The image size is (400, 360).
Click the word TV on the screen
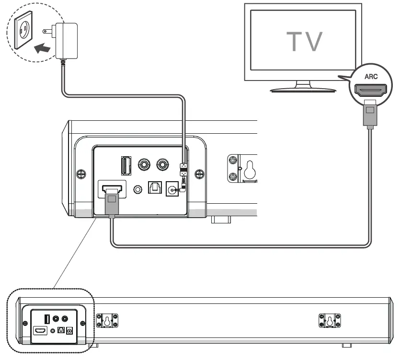(304, 41)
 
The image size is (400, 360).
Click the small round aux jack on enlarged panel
(138, 190)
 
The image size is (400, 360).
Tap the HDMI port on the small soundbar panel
(40, 331)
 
